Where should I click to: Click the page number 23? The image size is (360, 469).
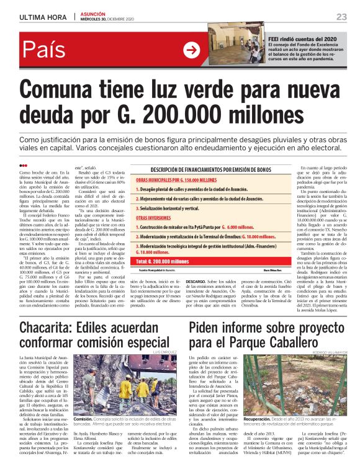point(341,16)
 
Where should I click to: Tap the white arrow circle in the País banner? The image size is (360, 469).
point(192,51)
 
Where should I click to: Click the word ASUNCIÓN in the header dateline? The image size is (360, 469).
point(91,14)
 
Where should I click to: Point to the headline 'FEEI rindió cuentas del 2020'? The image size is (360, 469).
point(302,38)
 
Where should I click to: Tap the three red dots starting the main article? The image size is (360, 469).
point(24,165)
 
